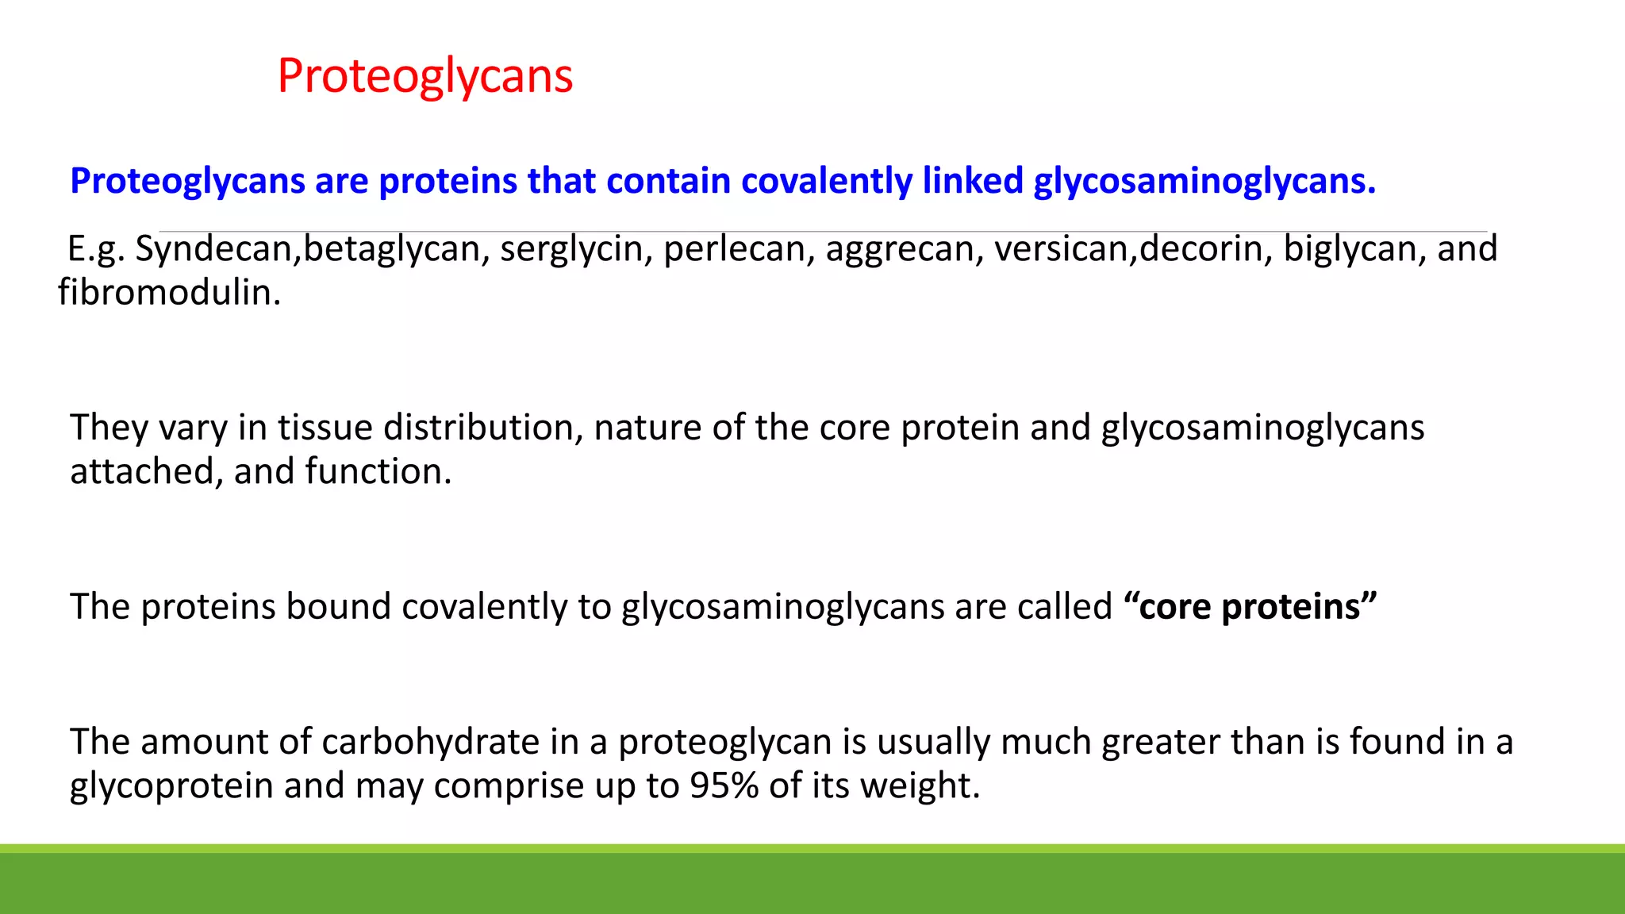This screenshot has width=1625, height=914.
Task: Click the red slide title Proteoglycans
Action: pyautogui.click(x=424, y=77)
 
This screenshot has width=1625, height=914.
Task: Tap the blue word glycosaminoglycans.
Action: pyautogui.click(x=1203, y=181)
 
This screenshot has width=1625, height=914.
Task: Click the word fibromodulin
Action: pyautogui.click(x=169, y=293)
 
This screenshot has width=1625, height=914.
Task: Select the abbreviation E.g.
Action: pyautogui.click(x=96, y=249)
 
